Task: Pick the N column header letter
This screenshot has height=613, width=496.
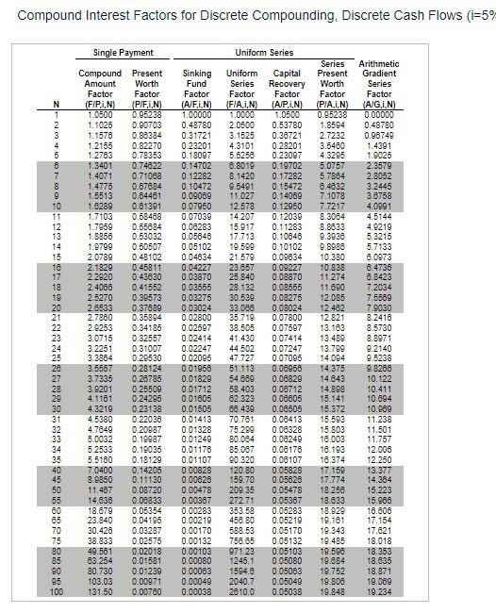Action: tap(58, 105)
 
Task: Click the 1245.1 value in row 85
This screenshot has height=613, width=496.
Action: tap(242, 562)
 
